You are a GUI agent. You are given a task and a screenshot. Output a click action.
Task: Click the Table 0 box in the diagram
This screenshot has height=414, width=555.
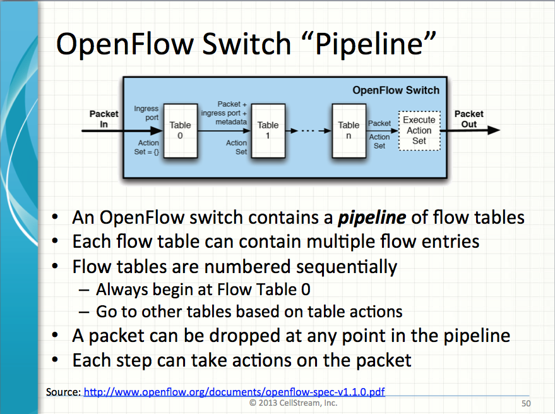(180, 130)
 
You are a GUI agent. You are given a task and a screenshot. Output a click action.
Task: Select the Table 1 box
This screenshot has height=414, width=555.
(268, 130)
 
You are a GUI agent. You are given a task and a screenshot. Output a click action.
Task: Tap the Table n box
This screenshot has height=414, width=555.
(349, 130)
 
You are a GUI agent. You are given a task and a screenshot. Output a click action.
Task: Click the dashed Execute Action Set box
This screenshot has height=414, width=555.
(419, 130)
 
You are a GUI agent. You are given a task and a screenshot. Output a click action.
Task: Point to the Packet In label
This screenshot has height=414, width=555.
(104, 119)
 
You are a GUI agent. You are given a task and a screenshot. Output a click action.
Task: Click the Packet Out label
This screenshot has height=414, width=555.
(468, 119)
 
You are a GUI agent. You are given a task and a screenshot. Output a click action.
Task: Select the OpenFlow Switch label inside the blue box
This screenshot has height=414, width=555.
(395, 90)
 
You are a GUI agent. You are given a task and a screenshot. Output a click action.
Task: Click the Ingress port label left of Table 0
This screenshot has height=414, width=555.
(146, 113)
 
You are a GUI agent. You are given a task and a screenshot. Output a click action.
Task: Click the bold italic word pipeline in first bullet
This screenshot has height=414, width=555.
(371, 218)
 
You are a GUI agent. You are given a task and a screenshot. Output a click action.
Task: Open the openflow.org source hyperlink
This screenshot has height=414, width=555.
(234, 392)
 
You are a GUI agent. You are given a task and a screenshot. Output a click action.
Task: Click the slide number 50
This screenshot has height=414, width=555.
(525, 403)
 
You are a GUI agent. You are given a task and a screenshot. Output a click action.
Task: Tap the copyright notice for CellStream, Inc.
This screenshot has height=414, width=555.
(293, 403)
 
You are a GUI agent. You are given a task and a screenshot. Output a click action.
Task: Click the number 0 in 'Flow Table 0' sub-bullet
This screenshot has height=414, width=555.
(305, 291)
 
